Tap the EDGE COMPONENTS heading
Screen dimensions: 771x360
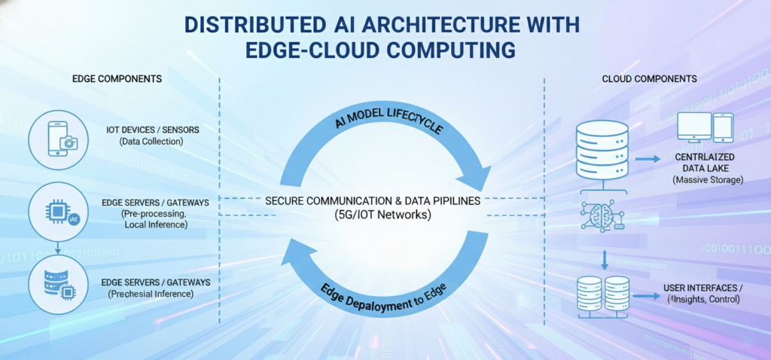tap(117, 79)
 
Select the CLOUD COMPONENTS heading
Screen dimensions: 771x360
tap(649, 78)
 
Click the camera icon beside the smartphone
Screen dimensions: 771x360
tap(69, 143)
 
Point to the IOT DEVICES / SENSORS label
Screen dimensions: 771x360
tap(153, 130)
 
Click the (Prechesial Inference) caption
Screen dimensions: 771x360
tap(151, 294)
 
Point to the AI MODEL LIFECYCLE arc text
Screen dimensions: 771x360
tap(389, 119)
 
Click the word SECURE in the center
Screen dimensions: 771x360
tap(284, 202)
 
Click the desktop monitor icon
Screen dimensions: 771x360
tap(694, 127)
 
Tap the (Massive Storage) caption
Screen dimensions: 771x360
tap(707, 181)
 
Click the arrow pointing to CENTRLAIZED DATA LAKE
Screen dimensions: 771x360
tap(647, 160)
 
